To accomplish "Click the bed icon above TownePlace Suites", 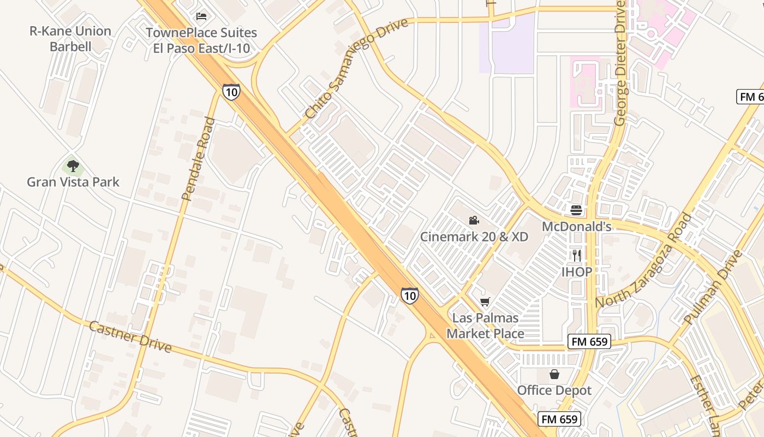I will coord(201,16).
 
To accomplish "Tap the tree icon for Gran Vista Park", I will coord(73,166).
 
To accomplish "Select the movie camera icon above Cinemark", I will coord(474,221).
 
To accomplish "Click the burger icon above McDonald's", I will coord(576,210).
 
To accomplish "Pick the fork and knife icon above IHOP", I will coord(577,255).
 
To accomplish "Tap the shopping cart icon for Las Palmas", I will coord(485,302).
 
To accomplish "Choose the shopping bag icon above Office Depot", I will coord(554,374).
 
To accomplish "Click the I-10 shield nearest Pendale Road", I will coord(231,92).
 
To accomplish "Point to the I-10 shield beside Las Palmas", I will coord(409,296).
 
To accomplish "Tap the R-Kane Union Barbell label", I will coord(70,39).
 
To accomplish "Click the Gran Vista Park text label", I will coord(73,182).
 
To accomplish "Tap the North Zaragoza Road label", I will coord(644,260).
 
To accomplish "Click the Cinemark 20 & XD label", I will coord(474,237).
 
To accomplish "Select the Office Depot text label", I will coord(554,391).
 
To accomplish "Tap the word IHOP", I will coord(577,271).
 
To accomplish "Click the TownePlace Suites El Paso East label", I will coord(201,40).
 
